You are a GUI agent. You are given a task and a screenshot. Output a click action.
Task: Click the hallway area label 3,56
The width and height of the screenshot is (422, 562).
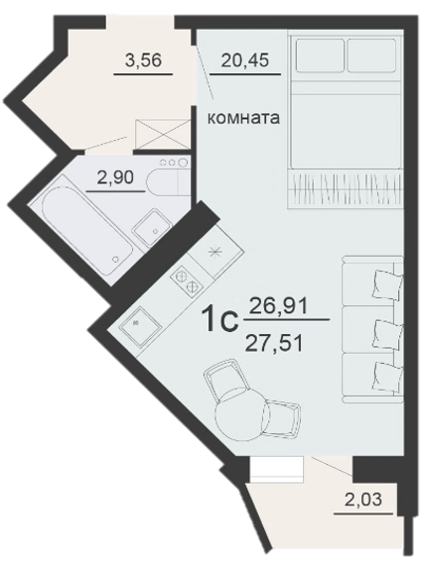(x=144, y=60)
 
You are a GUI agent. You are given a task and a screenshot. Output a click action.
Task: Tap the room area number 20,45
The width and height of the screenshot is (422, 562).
(x=245, y=60)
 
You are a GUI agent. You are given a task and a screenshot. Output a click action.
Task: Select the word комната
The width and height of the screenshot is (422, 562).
(x=244, y=118)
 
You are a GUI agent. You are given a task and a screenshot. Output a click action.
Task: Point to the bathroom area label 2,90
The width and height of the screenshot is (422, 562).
(x=115, y=177)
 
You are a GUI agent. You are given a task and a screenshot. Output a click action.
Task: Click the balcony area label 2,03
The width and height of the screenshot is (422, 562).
(x=363, y=500)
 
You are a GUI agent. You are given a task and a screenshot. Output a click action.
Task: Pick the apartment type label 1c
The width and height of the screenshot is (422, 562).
(x=220, y=319)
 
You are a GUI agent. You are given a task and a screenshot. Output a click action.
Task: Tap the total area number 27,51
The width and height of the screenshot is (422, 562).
(x=274, y=344)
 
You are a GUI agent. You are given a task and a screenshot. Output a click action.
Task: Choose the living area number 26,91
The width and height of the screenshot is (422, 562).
(x=279, y=306)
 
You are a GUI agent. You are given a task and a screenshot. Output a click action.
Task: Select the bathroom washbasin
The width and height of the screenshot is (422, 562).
(x=152, y=228)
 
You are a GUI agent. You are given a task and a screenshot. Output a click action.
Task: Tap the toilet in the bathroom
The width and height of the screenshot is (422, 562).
(x=168, y=176)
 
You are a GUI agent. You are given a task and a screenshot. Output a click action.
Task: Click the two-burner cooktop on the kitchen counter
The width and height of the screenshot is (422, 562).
(x=187, y=281)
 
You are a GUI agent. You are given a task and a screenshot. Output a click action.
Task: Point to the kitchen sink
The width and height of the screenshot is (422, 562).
(x=141, y=326)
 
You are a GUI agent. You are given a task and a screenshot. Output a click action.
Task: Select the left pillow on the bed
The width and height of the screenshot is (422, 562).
(x=320, y=56)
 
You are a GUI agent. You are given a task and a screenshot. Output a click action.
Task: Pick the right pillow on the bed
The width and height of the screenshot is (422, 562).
(x=371, y=56)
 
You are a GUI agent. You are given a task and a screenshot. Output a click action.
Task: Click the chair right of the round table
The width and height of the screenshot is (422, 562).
(x=282, y=418)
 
